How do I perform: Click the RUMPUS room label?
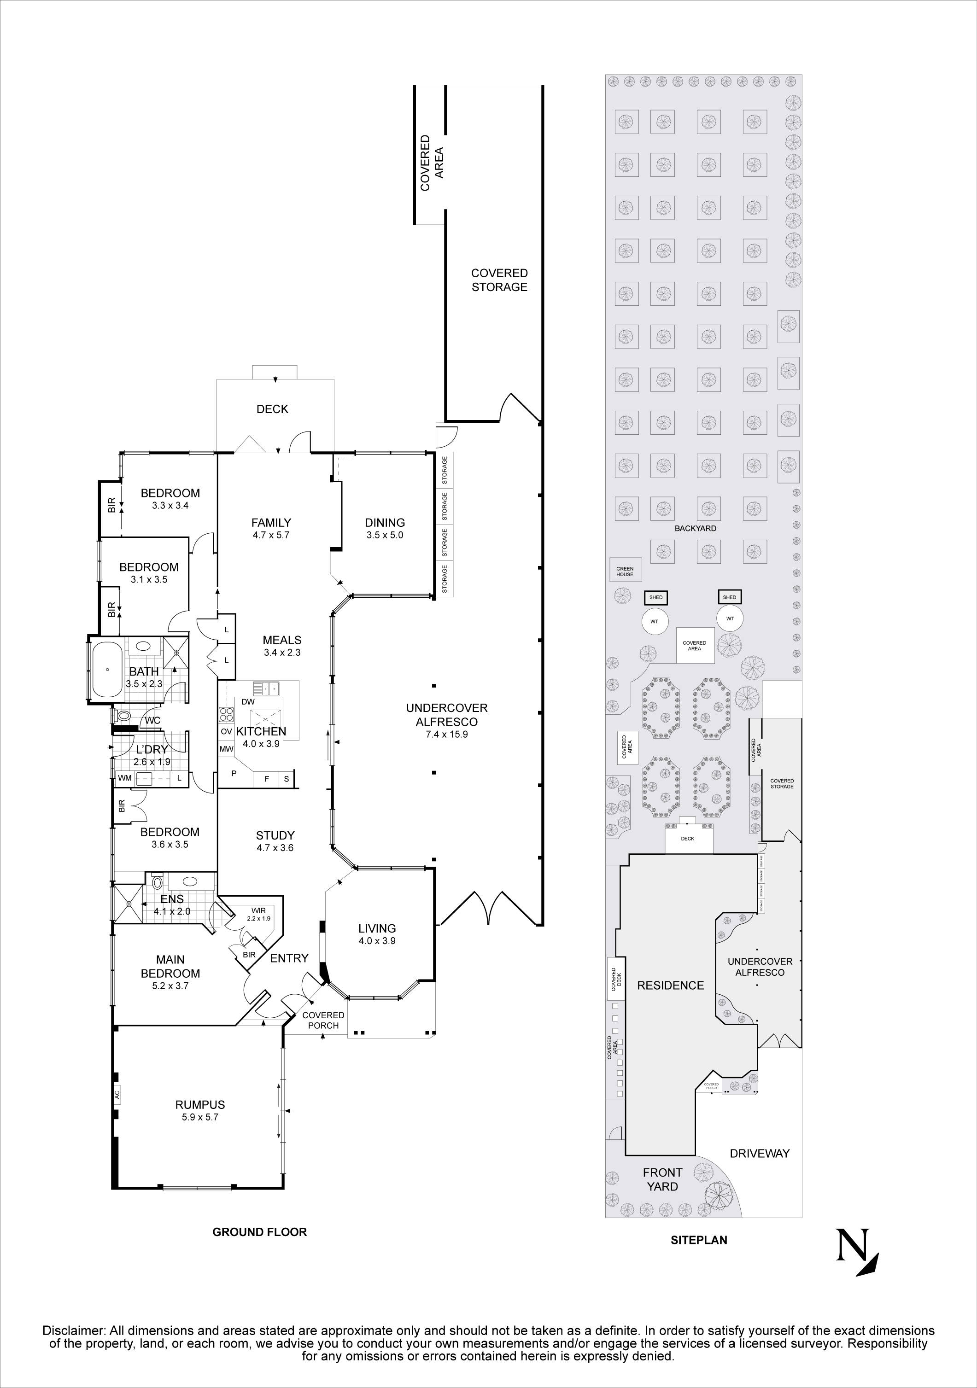tap(199, 1104)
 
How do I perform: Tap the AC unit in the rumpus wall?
tap(117, 1094)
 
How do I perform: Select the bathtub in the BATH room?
tap(107, 669)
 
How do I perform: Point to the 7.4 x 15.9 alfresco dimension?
tap(446, 735)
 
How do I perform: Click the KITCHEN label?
tap(261, 731)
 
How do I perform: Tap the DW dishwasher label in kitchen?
tap(247, 702)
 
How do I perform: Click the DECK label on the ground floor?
tap(272, 409)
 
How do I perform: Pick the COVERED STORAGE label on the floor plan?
tap(499, 280)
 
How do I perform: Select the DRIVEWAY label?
tap(759, 1154)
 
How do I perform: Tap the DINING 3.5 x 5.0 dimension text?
tap(385, 535)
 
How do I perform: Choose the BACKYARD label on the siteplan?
tap(695, 528)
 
